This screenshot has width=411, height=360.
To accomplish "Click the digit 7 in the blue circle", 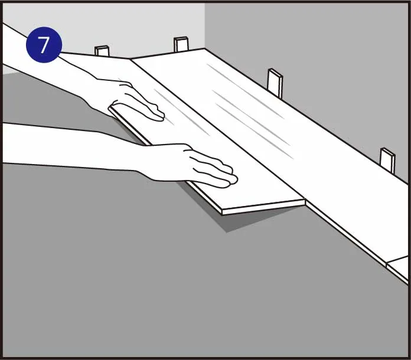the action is [x=44, y=45].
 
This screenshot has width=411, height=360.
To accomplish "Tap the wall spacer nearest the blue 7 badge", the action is [x=102, y=51].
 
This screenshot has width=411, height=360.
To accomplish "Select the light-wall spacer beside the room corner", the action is [x=181, y=44].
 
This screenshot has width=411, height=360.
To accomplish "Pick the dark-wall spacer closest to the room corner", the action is [x=275, y=83].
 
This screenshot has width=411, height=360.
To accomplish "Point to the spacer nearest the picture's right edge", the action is [x=387, y=161].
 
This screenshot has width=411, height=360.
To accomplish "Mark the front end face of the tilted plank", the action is [x=264, y=207].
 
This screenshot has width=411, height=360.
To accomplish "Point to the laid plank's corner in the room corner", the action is [x=204, y=49].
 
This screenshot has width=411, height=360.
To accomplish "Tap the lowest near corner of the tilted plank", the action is [x=222, y=215].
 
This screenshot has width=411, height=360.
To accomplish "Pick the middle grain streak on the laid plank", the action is [x=251, y=117].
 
